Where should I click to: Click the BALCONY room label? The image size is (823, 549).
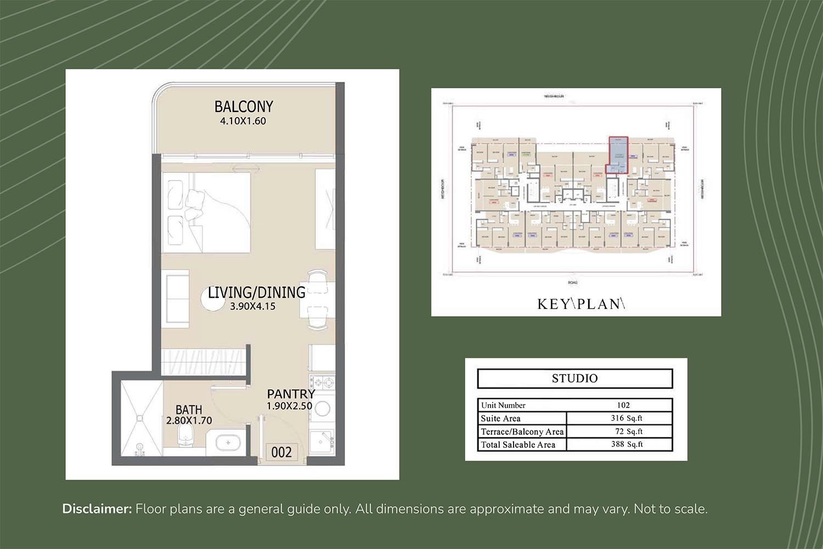[243, 106]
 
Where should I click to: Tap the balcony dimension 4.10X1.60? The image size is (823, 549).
[243, 121]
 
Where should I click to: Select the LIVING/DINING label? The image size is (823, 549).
[256, 292]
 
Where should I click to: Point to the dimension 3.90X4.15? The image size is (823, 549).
[252, 307]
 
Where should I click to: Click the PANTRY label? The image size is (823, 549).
[291, 394]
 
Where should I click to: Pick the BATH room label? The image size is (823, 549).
[189, 410]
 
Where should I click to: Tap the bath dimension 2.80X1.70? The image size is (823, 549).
[189, 421]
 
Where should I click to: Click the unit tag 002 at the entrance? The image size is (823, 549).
[281, 452]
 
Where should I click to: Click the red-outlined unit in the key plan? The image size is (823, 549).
[617, 156]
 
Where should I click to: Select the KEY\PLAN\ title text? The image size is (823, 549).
[581, 304]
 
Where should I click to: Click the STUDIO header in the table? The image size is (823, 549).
[574, 378]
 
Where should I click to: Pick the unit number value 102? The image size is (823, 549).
[623, 405]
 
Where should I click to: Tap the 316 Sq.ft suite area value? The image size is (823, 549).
[627, 418]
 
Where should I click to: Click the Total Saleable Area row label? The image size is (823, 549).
[518, 445]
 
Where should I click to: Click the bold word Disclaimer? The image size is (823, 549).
[97, 509]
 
